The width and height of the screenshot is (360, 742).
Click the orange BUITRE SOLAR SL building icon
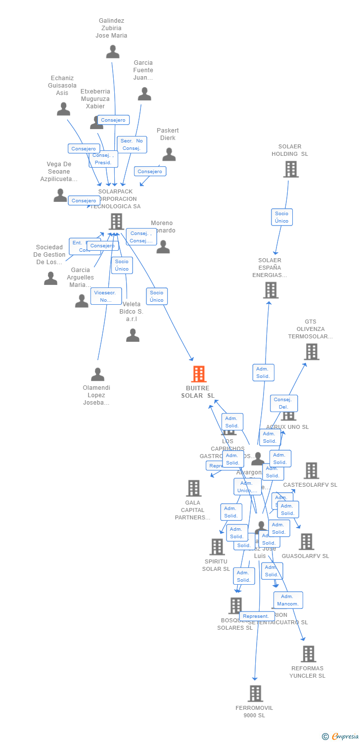[199, 374]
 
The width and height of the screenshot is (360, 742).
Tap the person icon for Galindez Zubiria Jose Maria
[113, 51]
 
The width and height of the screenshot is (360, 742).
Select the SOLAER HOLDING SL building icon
[291, 169]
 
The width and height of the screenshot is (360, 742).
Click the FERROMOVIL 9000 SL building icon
[255, 694]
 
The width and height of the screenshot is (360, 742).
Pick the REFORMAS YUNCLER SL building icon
[309, 654]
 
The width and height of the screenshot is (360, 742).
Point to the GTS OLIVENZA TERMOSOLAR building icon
[312, 352]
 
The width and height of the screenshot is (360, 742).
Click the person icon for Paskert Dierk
[169, 155]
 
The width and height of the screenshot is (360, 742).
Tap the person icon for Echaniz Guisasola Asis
[63, 109]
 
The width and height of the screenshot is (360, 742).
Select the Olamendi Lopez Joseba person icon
[97, 374]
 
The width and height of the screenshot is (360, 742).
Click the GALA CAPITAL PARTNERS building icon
[193, 488]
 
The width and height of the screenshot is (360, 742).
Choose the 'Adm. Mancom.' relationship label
[288, 600]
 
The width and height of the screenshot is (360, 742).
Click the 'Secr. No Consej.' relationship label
[132, 144]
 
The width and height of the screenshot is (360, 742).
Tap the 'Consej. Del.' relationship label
[284, 403]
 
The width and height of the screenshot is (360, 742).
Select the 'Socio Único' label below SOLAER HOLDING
[282, 217]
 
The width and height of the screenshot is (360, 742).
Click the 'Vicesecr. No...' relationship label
[106, 296]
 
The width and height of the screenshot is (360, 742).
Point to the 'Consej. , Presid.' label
[103, 159]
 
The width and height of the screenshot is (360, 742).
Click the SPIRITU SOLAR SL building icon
[217, 547]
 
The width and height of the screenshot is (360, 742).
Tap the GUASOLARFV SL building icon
[307, 542]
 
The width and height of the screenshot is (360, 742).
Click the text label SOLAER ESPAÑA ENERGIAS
[270, 268]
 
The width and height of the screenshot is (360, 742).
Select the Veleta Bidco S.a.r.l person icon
[133, 335]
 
